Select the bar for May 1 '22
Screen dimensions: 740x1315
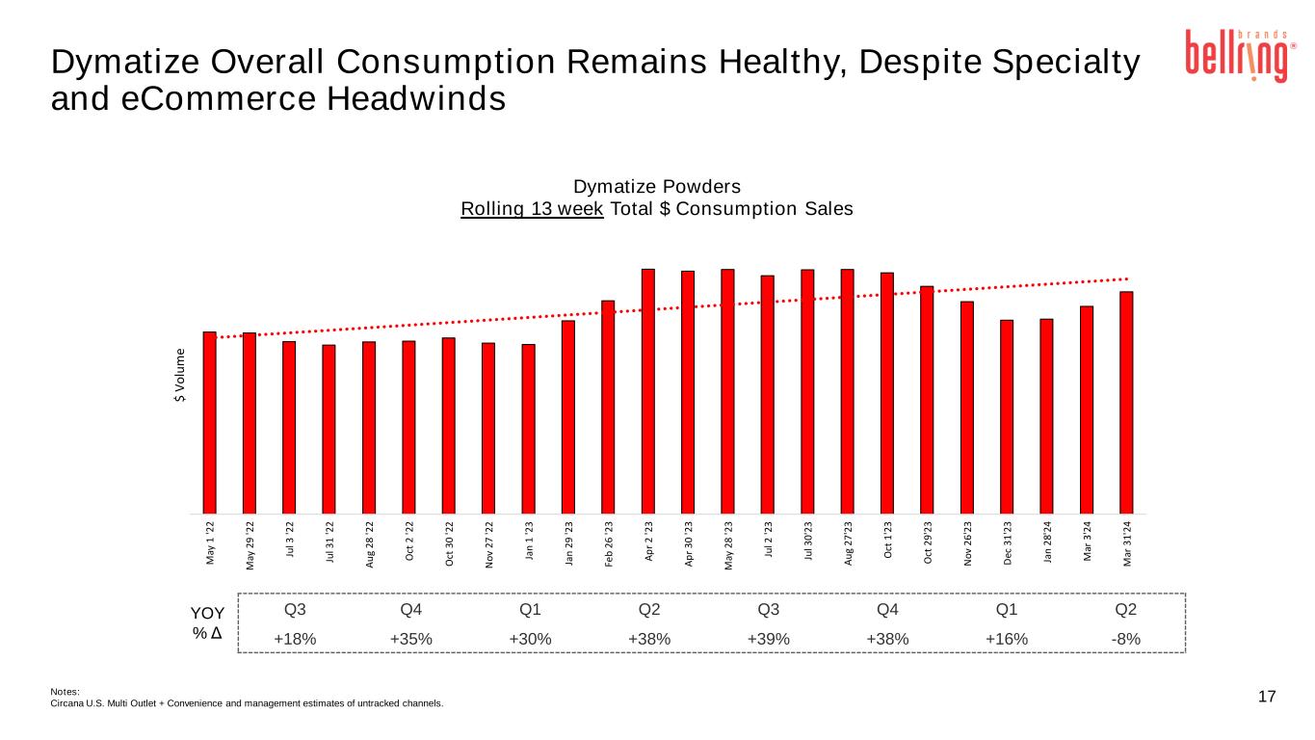(210, 422)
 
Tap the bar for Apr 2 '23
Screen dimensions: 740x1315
(648, 390)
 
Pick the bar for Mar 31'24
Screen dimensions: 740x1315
(1126, 402)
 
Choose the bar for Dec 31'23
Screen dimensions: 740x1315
(1007, 416)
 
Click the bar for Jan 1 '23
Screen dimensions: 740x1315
(528, 428)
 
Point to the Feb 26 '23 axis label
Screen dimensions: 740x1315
(609, 544)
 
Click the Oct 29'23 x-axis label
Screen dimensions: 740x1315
(927, 544)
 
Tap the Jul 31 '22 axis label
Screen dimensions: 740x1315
(329, 545)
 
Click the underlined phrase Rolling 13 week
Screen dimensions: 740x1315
(532, 209)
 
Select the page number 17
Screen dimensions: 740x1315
(1267, 697)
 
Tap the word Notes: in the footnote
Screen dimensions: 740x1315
(66, 691)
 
